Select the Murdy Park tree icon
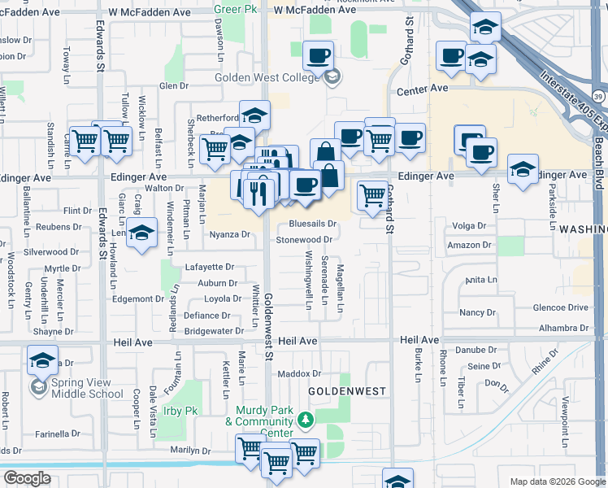click(x=305, y=420)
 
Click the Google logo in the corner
click(x=27, y=478)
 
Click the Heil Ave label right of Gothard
click(x=420, y=339)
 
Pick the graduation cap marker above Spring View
click(x=41, y=360)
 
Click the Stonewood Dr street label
click(x=304, y=240)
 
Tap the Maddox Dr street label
click(x=300, y=373)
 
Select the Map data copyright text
click(x=557, y=481)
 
